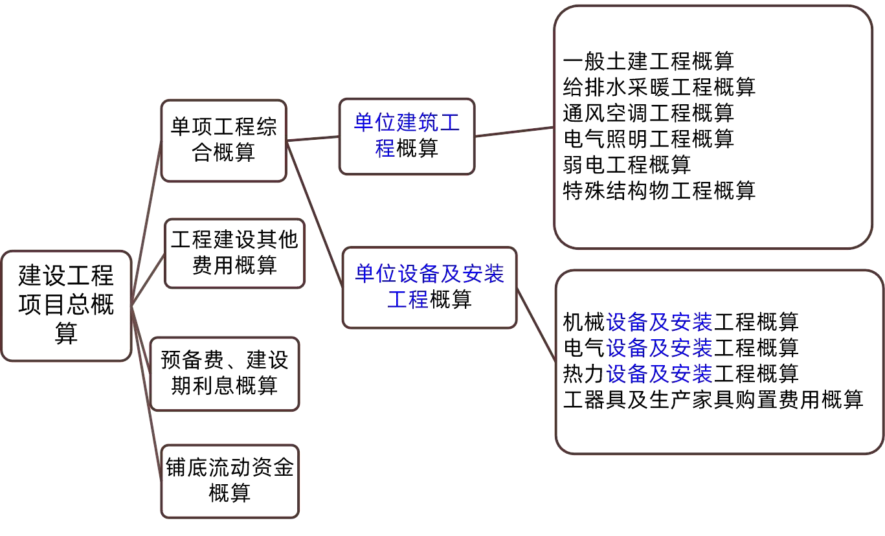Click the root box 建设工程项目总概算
tap(67, 305)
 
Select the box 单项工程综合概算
tap(223, 140)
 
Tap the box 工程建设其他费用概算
tap(234, 253)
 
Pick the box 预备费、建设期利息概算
tap(225, 374)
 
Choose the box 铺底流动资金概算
tap(230, 480)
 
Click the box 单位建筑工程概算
tap(407, 136)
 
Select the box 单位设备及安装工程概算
tap(429, 287)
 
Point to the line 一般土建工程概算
tap(649, 61)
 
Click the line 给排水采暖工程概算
tap(659, 87)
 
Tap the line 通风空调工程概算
tap(649, 113)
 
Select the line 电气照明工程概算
tap(649, 139)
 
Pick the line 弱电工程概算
tap(627, 164)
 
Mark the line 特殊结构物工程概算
tap(659, 190)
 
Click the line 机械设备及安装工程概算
tap(680, 321)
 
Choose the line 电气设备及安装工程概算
tap(680, 347)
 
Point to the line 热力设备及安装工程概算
tap(680, 373)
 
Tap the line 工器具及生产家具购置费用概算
tap(713, 399)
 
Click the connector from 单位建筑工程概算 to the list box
tap(515, 131)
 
